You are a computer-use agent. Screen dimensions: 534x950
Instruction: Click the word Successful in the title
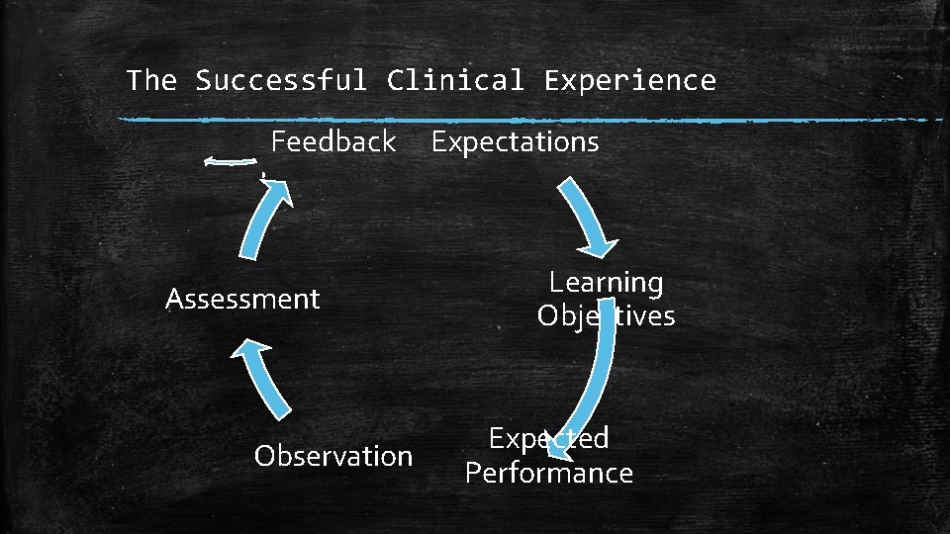pos(280,80)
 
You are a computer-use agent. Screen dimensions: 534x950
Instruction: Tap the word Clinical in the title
pos(455,80)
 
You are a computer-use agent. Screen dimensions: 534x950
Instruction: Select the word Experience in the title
pos(629,80)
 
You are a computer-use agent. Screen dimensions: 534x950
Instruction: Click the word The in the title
pos(150,80)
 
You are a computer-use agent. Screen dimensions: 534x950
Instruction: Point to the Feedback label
pos(333,141)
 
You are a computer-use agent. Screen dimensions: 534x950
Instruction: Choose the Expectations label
pos(515,142)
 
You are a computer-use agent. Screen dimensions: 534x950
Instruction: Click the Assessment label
pos(242,299)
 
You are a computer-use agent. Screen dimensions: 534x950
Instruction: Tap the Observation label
pos(332,456)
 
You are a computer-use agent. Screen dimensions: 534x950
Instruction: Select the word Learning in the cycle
pos(606,283)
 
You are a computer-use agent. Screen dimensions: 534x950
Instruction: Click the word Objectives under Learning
pos(606,316)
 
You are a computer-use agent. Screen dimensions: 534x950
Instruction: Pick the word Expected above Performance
pos(548,438)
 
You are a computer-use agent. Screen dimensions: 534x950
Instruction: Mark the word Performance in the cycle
pos(548,473)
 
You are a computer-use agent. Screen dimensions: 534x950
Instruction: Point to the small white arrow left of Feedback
pos(226,163)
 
